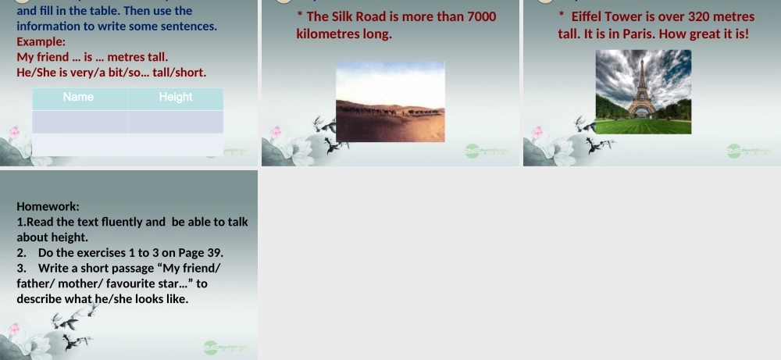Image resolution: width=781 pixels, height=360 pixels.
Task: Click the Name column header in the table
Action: pyautogui.click(x=78, y=98)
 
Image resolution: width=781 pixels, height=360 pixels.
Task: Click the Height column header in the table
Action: pyautogui.click(x=175, y=98)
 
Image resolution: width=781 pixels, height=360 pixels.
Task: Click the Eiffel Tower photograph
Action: pyautogui.click(x=643, y=91)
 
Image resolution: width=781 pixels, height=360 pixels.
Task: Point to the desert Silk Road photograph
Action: pyautogui.click(x=390, y=102)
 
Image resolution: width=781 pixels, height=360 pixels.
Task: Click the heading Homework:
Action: pyautogui.click(x=48, y=207)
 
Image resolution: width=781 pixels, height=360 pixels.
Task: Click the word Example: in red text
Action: pyautogui.click(x=41, y=41)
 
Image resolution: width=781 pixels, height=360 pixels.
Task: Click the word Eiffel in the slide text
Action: pyautogui.click(x=589, y=16)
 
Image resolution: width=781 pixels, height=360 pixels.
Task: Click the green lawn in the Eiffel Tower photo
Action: pyautogui.click(x=643, y=126)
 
